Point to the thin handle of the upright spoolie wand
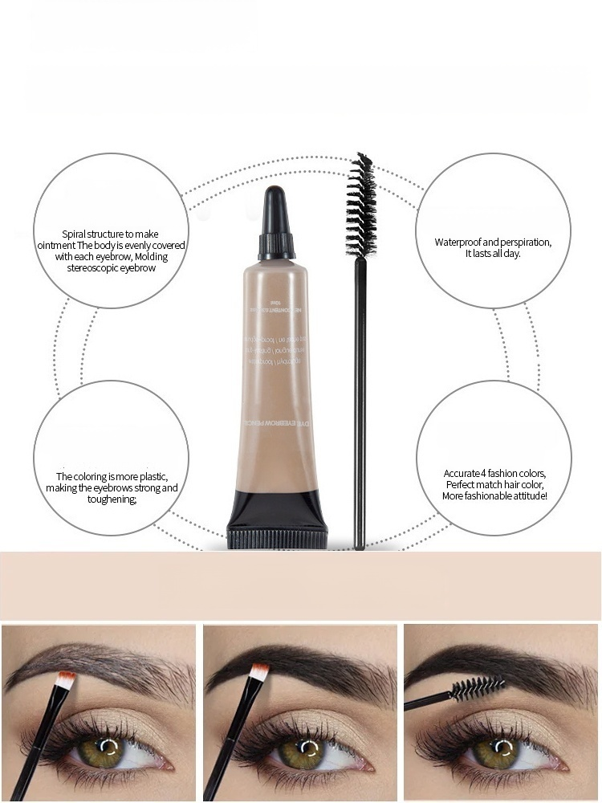click(x=359, y=385)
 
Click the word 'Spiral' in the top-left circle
click(x=78, y=234)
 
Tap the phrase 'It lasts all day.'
click(x=493, y=254)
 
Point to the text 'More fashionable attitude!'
click(x=494, y=496)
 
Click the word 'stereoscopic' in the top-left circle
click(x=92, y=268)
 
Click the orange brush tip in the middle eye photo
click(x=258, y=673)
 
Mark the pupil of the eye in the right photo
click(x=505, y=751)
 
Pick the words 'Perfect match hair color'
click(x=494, y=485)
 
